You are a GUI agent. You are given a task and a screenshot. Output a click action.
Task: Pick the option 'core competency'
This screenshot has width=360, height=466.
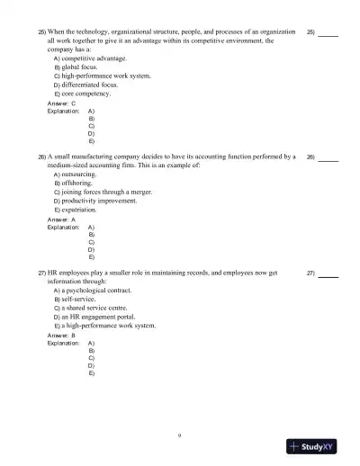click(78, 94)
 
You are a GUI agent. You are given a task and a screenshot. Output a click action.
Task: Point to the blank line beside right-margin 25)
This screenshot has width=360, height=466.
click(328, 34)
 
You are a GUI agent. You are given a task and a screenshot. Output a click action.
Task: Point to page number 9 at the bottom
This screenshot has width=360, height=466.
click(180, 435)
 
